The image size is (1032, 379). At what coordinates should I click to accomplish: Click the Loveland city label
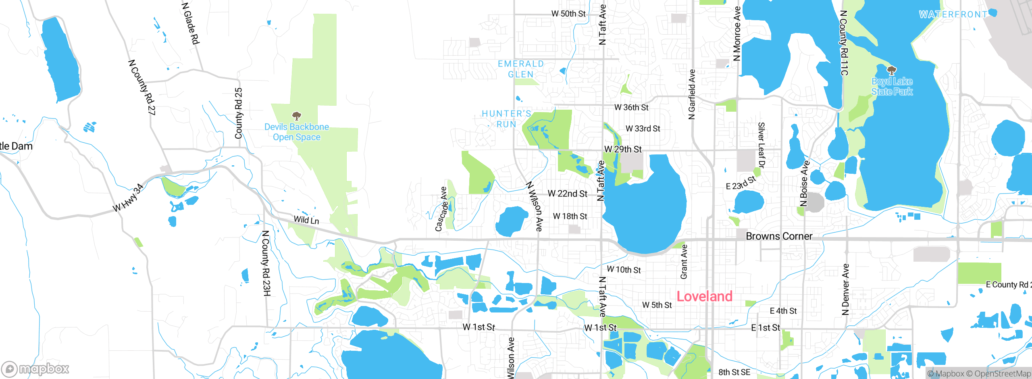coord(704,296)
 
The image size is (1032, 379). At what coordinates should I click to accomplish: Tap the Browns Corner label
coord(779,236)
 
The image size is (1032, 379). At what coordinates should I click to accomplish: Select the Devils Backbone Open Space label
coord(297,132)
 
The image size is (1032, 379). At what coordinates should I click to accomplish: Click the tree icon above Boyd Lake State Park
coord(892,71)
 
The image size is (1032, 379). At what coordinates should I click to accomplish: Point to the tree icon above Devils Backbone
coord(297,117)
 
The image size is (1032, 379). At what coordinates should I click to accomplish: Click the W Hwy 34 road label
coord(128,198)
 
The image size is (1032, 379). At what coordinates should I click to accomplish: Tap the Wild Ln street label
coord(306,220)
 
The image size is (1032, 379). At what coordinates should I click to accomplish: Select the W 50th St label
coord(568,14)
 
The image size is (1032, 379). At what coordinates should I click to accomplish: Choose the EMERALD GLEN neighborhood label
coord(521,69)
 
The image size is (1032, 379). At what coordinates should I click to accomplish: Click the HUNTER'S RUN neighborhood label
coord(507,119)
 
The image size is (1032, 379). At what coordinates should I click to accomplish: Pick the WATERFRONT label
coord(953,15)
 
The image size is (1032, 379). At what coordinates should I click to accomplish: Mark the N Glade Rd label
coord(191,23)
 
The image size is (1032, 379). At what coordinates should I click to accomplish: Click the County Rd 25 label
coord(239,113)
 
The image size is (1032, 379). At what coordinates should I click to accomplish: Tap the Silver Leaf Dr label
coord(761,145)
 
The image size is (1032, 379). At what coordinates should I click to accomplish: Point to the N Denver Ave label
coord(845,289)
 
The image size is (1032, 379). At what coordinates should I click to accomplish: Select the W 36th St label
coord(631,108)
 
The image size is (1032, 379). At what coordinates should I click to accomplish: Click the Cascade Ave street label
coord(441,209)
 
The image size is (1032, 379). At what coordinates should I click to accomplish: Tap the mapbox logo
coord(35,369)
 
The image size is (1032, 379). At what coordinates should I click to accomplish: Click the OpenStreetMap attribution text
coord(1002,374)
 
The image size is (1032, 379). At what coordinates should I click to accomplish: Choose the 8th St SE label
coord(734,372)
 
